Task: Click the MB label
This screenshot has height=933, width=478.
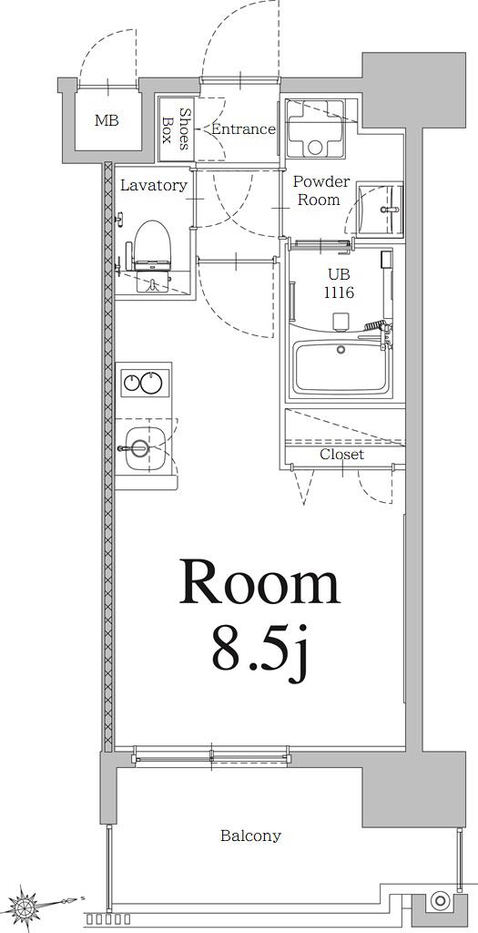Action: pos(107,121)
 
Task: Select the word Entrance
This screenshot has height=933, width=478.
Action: pos(243,128)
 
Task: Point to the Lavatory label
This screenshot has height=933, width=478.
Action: pos(153,185)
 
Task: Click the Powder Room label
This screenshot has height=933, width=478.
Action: pos(319,190)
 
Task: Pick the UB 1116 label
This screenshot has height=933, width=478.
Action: pos(340,284)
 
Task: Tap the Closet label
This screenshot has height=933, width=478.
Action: pos(341,456)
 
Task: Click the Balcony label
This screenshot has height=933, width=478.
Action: pos(250,836)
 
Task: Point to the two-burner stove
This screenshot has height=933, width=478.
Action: pos(145,383)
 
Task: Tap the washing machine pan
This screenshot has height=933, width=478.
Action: pos(316,128)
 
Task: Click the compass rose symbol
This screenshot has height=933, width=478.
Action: pos(26,906)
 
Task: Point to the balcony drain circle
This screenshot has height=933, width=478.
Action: pos(441,900)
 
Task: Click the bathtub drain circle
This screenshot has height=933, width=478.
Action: pos(341,349)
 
